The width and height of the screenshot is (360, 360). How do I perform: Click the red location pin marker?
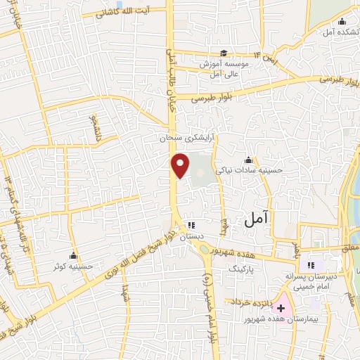tap(181, 165)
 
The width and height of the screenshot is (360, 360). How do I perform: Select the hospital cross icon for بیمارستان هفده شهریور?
tap(281, 308)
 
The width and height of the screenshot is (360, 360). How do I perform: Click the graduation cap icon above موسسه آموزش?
tap(223, 53)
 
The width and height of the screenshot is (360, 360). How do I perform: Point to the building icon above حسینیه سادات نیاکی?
tap(248, 159)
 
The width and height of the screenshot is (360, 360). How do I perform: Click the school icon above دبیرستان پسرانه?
tap(311, 265)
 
